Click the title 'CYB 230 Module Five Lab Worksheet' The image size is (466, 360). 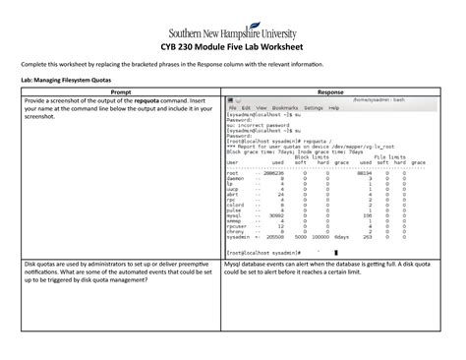[x=233, y=46]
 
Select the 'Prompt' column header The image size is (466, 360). [x=116, y=89]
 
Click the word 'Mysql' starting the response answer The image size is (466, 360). [x=237, y=266]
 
